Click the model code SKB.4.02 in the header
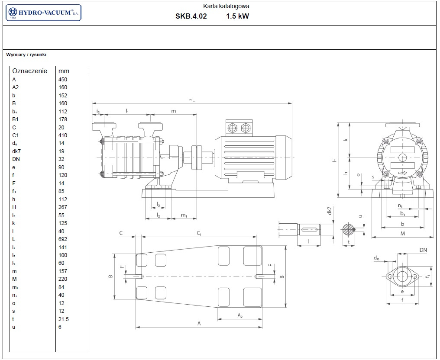(191, 17)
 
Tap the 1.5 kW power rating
(237, 17)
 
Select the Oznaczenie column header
(30, 71)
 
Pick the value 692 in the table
(63, 239)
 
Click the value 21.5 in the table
(64, 319)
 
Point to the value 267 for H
(63, 207)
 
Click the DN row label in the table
(16, 159)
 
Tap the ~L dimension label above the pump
(192, 100)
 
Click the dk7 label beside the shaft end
(329, 211)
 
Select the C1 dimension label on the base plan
(199, 234)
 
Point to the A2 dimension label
(239, 316)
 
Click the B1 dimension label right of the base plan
(282, 276)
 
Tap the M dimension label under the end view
(402, 234)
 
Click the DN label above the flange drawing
(423, 250)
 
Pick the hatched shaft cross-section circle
(348, 229)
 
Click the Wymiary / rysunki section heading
(26, 55)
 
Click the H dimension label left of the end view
(334, 160)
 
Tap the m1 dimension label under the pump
(184, 215)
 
